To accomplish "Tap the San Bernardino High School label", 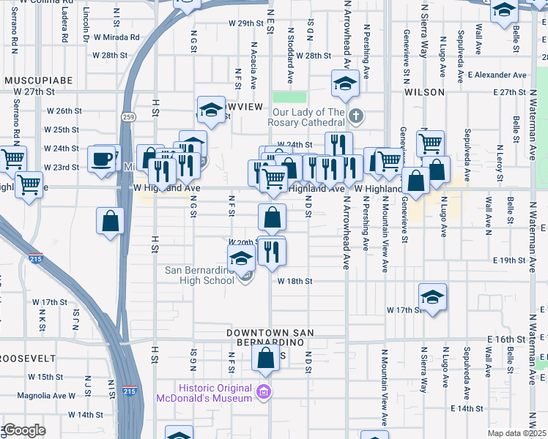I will [199, 275].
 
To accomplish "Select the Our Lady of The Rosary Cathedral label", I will [308, 117].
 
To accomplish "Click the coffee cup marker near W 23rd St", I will [103, 159].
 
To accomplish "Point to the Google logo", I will [24, 430].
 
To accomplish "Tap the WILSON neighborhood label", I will [424, 92].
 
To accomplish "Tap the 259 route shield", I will [129, 116].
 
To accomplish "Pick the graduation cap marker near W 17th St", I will [432, 297].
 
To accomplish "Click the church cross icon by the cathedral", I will [355, 116].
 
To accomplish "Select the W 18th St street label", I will [295, 281].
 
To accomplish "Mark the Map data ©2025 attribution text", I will [517, 433].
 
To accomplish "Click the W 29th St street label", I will [245, 23].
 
